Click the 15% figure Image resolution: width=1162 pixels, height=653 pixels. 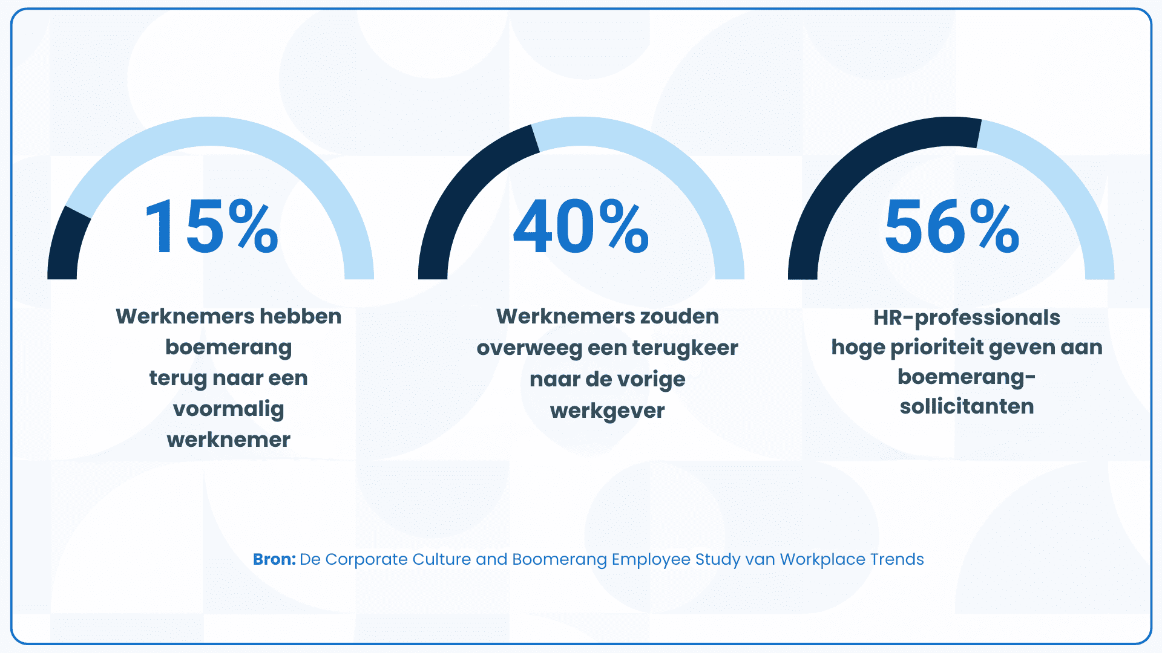coord(211,228)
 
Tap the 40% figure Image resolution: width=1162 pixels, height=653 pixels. coord(581,228)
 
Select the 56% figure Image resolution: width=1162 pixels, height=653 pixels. coord(952,228)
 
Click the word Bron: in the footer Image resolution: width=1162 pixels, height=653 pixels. coord(274,559)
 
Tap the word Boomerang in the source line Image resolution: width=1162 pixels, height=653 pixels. coord(559,559)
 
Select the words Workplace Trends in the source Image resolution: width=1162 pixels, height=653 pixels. coord(852,559)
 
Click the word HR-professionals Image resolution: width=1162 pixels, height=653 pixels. coord(967,317)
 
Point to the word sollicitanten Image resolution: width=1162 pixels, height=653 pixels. coord(967,406)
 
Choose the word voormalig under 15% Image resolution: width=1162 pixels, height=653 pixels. coord(229,409)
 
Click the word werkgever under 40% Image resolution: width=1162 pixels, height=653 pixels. coord(607,411)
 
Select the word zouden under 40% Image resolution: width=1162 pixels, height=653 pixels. coord(680,316)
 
